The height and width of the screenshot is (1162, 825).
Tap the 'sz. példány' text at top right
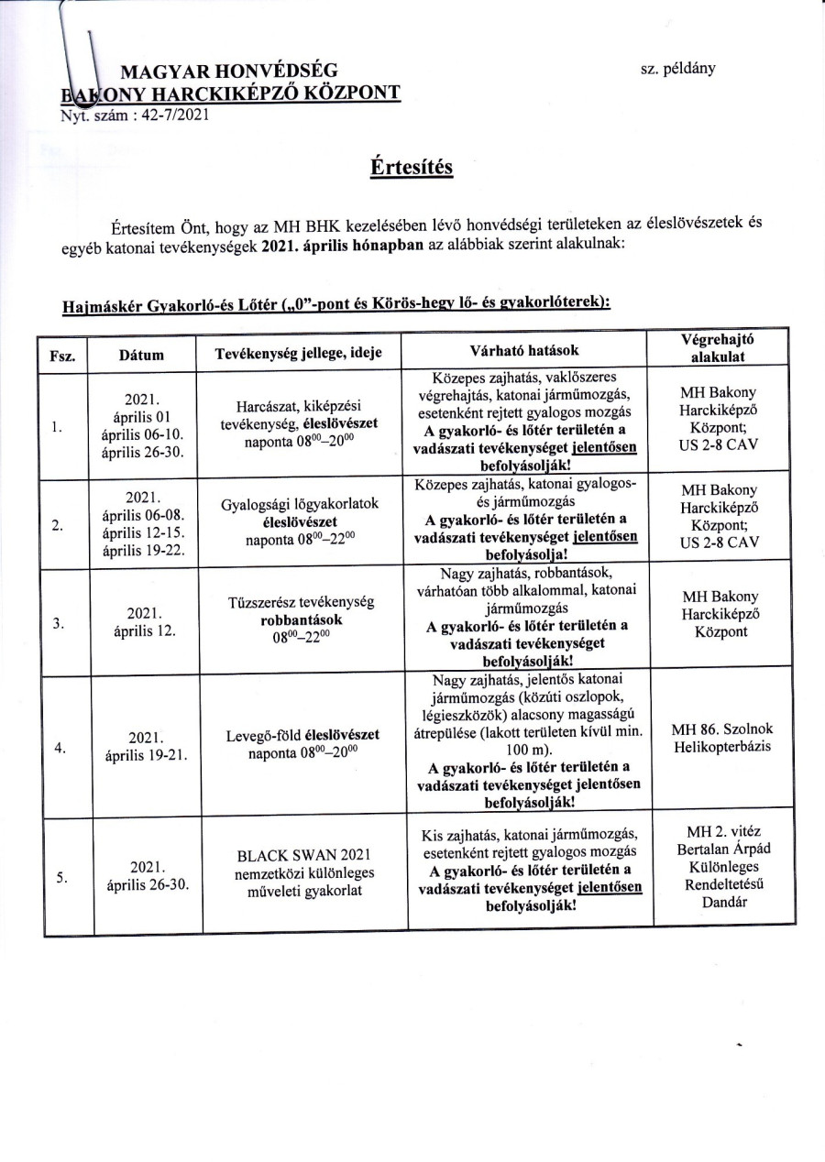[x=678, y=68]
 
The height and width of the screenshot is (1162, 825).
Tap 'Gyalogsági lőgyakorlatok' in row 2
[x=300, y=505]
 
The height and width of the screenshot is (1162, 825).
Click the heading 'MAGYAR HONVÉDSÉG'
[x=229, y=71]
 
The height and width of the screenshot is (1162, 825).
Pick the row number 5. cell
[x=60, y=878]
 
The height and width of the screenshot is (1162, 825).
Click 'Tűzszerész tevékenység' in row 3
[x=299, y=602]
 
